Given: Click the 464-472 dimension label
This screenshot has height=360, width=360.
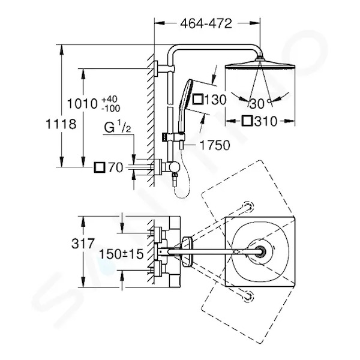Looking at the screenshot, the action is point(206,23).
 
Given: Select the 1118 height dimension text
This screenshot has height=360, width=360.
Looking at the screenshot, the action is point(61,124).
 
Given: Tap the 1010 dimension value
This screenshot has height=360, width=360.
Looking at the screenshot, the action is point(83,104).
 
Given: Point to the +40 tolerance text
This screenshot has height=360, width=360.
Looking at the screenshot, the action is point(110,100).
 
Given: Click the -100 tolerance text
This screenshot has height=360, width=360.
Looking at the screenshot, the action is point(111,108).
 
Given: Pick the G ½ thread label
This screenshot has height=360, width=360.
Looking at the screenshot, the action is point(118,127).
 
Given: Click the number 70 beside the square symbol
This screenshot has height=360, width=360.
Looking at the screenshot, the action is point(115,167).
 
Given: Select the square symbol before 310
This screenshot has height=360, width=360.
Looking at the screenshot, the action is point(247,121).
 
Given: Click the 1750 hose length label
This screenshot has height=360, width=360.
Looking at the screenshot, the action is point(215,145).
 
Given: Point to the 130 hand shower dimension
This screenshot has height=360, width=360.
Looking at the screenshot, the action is point(215,100).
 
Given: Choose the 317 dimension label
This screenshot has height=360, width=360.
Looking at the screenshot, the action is point(83,244).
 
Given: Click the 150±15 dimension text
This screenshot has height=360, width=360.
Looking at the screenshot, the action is point(121,254).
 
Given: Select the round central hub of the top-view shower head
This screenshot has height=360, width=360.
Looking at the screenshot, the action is point(260,251).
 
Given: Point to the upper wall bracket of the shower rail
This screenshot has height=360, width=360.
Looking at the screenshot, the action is point(164,68).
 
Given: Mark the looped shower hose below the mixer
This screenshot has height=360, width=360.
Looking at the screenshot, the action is point(182,175).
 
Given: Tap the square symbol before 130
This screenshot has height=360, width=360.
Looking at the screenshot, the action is point(198,100).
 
